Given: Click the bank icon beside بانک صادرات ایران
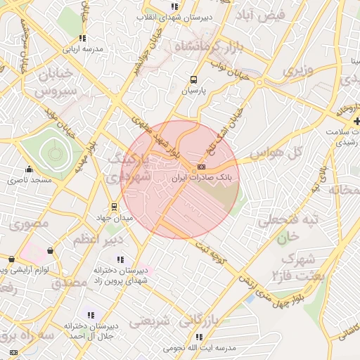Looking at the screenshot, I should [202, 167].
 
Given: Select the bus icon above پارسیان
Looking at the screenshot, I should [193, 80].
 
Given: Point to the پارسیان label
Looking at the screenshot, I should [193, 91].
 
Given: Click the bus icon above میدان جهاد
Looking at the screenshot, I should [115, 207].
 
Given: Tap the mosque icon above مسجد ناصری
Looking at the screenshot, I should [29, 169].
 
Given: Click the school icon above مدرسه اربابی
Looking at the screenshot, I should [83, 39].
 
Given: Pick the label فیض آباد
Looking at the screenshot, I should [260, 15].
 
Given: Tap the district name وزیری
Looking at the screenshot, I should [295, 72].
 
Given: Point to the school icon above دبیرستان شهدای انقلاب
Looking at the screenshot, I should [175, 7].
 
